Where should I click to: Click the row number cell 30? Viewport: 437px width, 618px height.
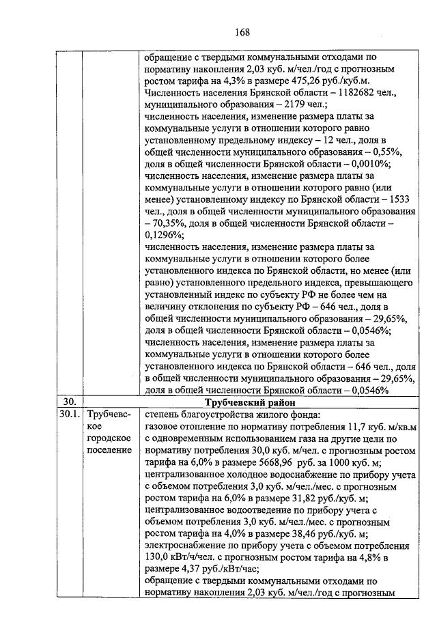pos(68,402)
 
